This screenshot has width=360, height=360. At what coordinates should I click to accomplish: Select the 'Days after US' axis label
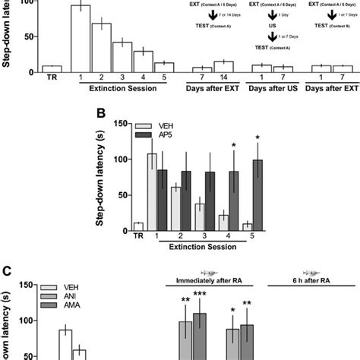click(x=271, y=90)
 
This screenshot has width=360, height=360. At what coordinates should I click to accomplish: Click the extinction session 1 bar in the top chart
click(x=81, y=38)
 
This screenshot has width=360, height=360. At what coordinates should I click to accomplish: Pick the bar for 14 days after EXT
click(x=223, y=67)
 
